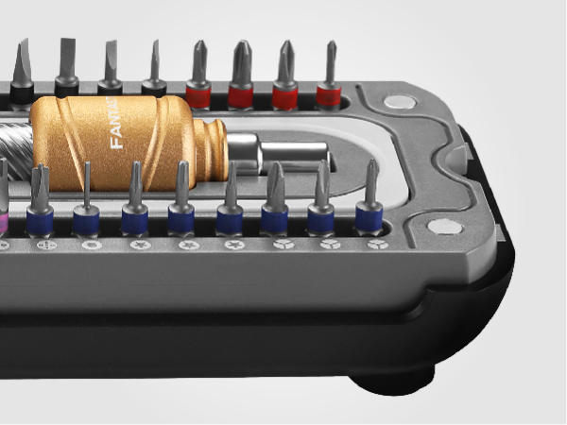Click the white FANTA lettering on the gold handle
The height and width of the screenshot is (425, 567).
pos(117,131)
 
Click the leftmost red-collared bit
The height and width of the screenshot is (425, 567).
pos(198,80)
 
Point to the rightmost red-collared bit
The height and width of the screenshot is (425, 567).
pos(329,80)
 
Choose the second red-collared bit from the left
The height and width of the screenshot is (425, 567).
pos(242,80)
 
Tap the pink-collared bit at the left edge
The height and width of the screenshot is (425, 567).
pos(3,212)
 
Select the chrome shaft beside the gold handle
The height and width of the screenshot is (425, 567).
pos(283,150)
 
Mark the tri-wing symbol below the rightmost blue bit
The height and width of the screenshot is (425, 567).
pos(377,244)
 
